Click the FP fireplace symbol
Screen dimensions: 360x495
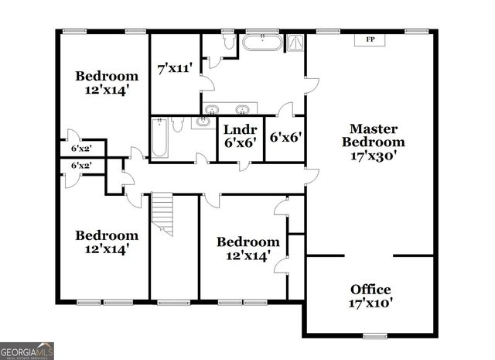click(370, 39)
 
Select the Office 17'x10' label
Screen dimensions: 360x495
click(370, 296)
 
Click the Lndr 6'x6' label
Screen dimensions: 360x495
click(240, 137)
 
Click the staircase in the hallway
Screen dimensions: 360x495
click(162, 214)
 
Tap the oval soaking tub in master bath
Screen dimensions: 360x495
click(263, 42)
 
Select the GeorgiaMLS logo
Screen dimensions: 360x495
click(27, 350)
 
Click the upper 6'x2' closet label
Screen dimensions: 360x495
click(81, 148)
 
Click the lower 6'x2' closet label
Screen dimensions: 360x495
click(81, 166)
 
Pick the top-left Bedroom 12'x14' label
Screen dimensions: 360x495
click(107, 82)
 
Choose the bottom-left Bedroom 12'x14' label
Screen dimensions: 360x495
click(107, 242)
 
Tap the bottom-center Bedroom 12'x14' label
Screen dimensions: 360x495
click(247, 248)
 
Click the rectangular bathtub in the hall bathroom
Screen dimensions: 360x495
click(160, 137)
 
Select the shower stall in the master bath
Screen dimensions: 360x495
click(295, 43)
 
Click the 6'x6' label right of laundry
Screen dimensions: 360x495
click(285, 137)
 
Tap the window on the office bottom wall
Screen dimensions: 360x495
click(374, 335)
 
